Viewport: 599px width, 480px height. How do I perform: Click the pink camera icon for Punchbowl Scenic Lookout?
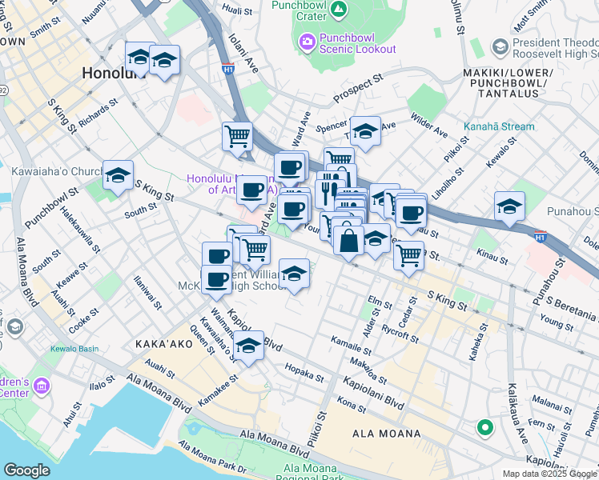tap(306, 40)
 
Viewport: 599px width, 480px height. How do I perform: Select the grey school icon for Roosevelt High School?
tap(500, 47)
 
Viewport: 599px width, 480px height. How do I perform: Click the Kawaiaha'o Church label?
tap(53, 171)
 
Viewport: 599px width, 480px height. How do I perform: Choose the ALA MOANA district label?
tap(387, 434)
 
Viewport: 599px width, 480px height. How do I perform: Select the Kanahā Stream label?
tap(497, 126)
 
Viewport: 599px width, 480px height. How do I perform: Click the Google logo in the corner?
tap(27, 470)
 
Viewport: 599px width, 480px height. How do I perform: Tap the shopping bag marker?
tap(349, 239)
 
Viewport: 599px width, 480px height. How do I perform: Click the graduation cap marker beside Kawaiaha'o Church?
tap(118, 176)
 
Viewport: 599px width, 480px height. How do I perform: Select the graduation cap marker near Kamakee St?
tap(249, 347)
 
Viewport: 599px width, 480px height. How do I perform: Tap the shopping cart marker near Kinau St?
tap(409, 256)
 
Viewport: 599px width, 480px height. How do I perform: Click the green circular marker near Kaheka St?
tap(484, 428)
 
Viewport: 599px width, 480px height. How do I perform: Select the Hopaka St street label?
tap(304, 373)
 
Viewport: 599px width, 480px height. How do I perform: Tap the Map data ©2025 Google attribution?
tap(549, 474)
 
